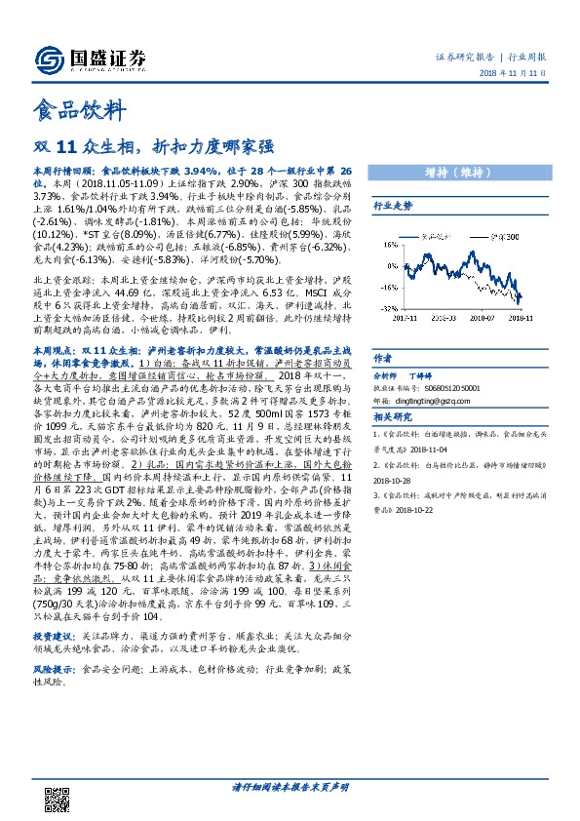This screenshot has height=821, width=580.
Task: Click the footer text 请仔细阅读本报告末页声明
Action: pyautogui.click(x=290, y=788)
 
